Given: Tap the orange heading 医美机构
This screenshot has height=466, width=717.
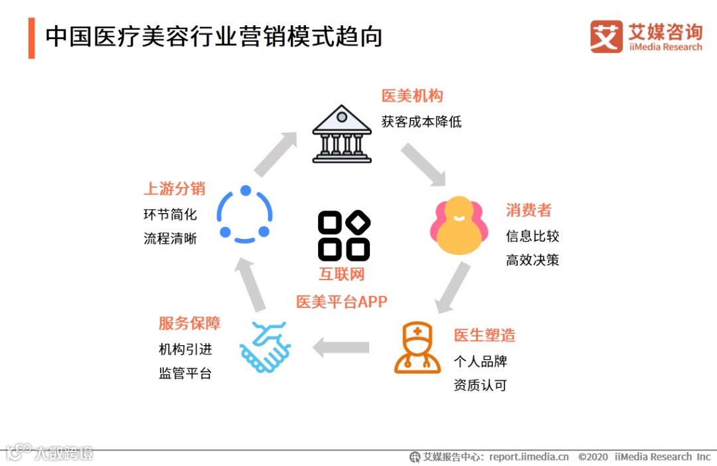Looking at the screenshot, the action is tap(412, 96).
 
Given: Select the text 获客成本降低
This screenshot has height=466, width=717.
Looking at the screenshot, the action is tap(421, 121).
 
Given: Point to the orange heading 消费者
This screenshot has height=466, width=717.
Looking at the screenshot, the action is tap(528, 210).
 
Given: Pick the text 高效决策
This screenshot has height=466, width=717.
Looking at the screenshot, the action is tap(532, 260).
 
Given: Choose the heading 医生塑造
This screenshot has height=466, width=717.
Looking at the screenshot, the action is tap(485, 335).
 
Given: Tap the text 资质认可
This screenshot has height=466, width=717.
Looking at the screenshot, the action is tap(480, 385).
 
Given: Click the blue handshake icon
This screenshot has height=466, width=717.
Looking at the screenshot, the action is tap(265, 347).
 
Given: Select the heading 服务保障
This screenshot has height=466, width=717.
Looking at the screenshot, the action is tap(189, 323).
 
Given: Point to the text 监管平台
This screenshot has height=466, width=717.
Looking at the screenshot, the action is tap(185, 373).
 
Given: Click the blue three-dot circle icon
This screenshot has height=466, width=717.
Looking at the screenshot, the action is tap(245, 214).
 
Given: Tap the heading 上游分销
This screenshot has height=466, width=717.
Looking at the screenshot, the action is tap(175, 189).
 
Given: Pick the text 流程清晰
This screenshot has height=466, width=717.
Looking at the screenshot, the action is tap(170, 238).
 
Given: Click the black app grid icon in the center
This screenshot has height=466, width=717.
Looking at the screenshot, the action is tap(344, 236).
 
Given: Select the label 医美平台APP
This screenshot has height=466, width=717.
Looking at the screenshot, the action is tap(341, 301).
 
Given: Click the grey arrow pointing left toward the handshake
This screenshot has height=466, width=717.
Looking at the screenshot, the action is tap(341, 347).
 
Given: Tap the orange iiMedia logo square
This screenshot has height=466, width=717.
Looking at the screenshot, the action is tap(606, 37).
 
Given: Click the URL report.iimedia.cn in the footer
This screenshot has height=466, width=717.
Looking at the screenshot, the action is tap(528, 457).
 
